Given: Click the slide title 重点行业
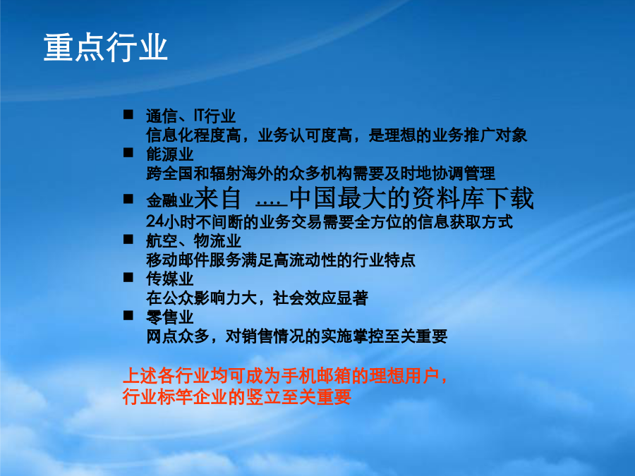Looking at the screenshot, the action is pyautogui.click(x=105, y=48).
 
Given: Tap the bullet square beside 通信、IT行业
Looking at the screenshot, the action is pyautogui.click(x=128, y=114).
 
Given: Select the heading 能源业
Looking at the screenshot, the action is pyautogui.click(x=169, y=154).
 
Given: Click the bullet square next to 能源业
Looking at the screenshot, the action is pyautogui.click(x=128, y=152).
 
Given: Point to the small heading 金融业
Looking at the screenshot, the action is pyautogui.click(x=169, y=200).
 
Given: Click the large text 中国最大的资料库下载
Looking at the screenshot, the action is pyautogui.click(x=412, y=198).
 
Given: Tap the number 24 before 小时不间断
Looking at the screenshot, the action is pyautogui.click(x=155, y=221).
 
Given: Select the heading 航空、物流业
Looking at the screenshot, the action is pyautogui.click(x=193, y=241).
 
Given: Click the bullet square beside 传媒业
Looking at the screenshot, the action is pyautogui.click(x=128, y=277).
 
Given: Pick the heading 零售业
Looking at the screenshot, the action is pyautogui.click(x=169, y=317).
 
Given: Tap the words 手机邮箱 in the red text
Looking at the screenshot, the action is pyautogui.click(x=313, y=376).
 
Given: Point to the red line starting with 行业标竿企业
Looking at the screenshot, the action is pyautogui.click(x=236, y=396).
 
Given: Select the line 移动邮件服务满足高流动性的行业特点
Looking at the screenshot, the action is pyautogui.click(x=281, y=260).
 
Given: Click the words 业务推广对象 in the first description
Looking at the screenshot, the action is pyautogui.click(x=480, y=135).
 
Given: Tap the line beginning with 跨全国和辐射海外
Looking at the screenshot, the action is pyautogui.click(x=320, y=173).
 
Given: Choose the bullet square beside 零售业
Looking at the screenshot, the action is pyautogui.click(x=128, y=315).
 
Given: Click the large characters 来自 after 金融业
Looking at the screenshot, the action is pyautogui.click(x=218, y=198).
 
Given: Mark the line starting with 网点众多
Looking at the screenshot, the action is pyautogui.click(x=297, y=336).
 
